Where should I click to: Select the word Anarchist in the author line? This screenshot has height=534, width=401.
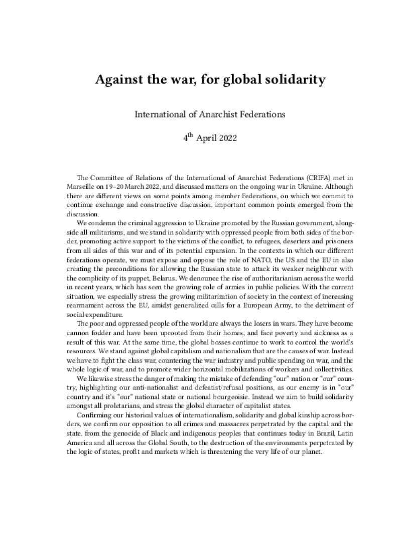[x=218, y=114]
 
